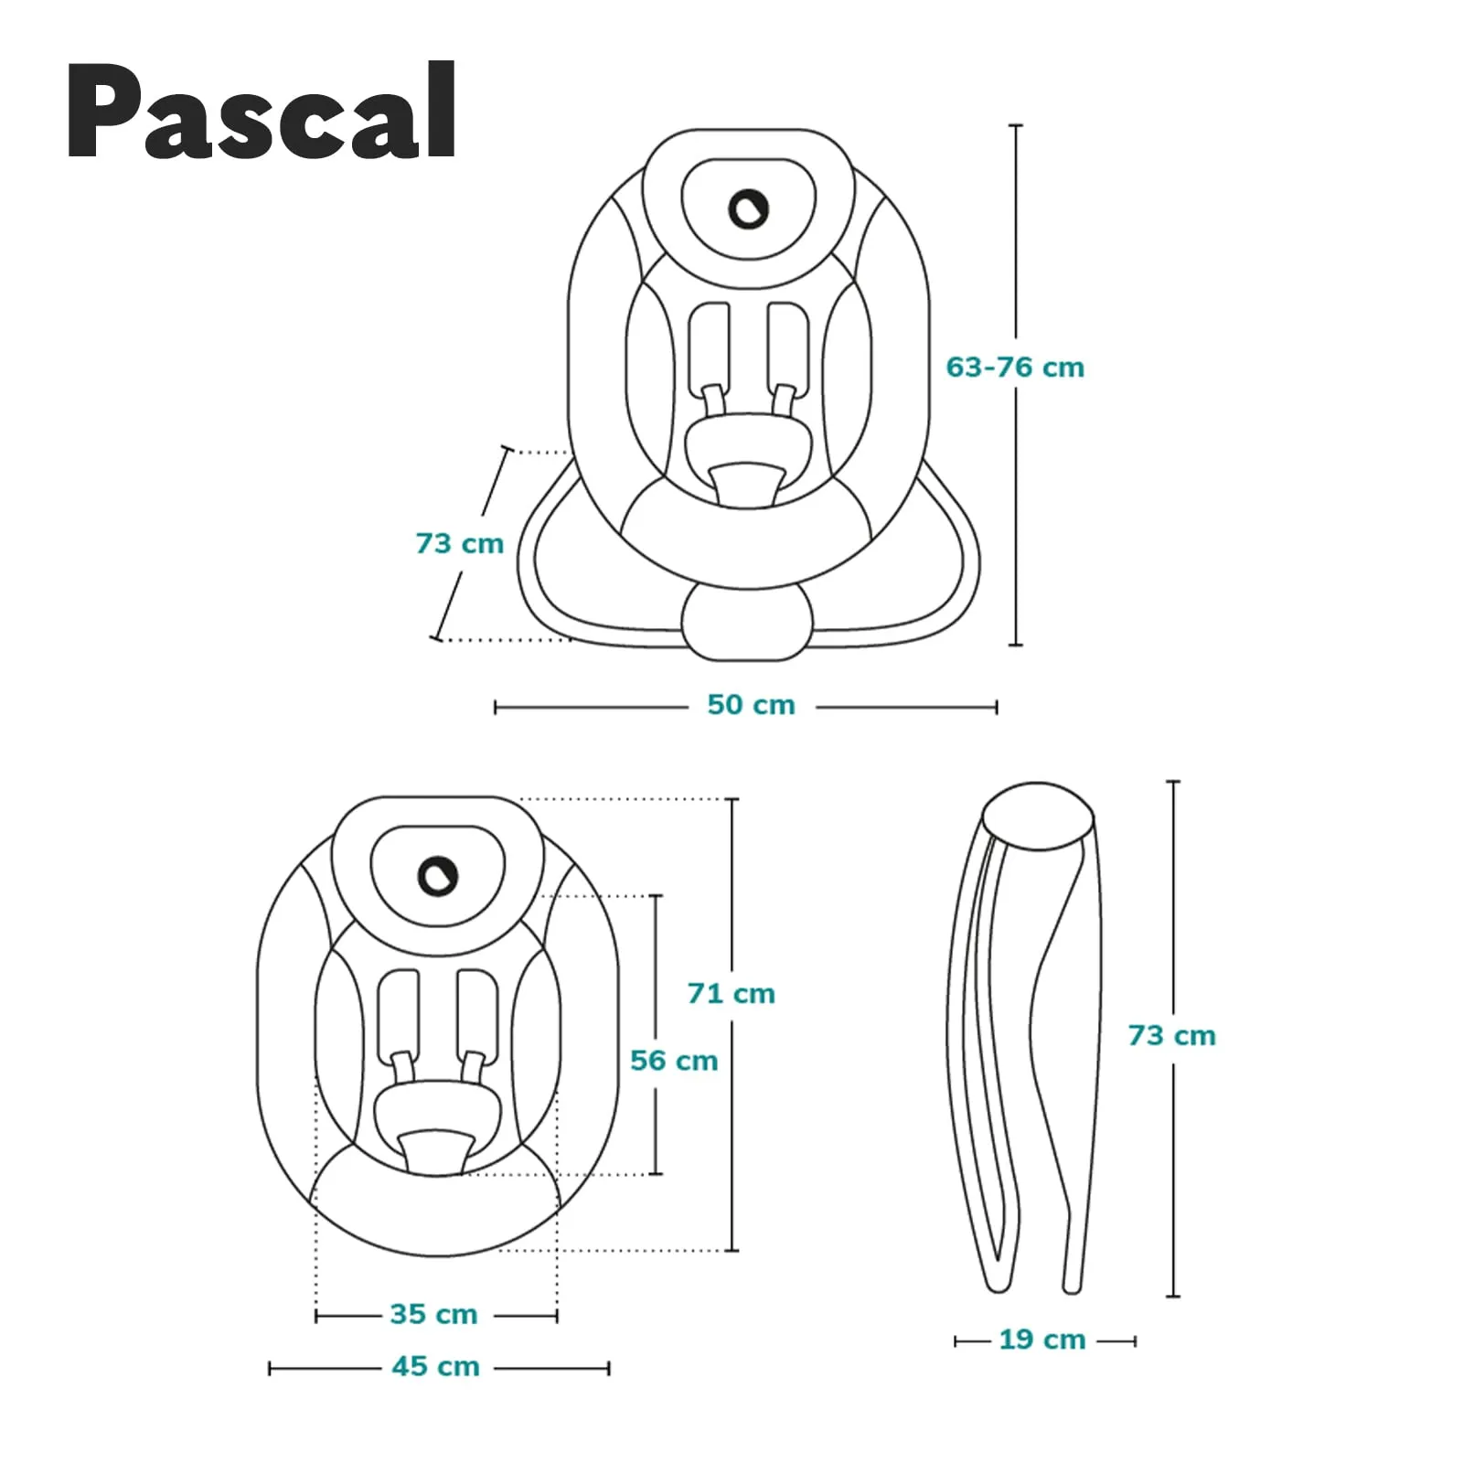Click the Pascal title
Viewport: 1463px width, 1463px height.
(262, 112)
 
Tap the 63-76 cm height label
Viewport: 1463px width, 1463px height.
(1015, 368)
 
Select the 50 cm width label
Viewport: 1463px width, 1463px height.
(751, 705)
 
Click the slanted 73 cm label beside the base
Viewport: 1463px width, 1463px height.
(459, 544)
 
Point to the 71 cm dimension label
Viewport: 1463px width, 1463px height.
(731, 994)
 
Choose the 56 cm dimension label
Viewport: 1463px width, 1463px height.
(674, 1061)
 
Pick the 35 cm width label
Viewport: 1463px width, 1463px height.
(433, 1314)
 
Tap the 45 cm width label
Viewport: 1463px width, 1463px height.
(435, 1366)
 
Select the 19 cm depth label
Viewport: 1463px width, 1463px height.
(1041, 1340)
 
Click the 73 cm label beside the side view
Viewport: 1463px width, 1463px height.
(1171, 1036)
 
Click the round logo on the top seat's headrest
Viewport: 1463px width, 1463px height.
(748, 209)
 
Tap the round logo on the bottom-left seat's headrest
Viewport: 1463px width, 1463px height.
(437, 876)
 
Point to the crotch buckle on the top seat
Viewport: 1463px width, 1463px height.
(748, 483)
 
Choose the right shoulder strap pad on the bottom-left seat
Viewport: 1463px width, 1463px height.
(477, 1011)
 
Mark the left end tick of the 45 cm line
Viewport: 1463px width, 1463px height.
(270, 1368)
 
